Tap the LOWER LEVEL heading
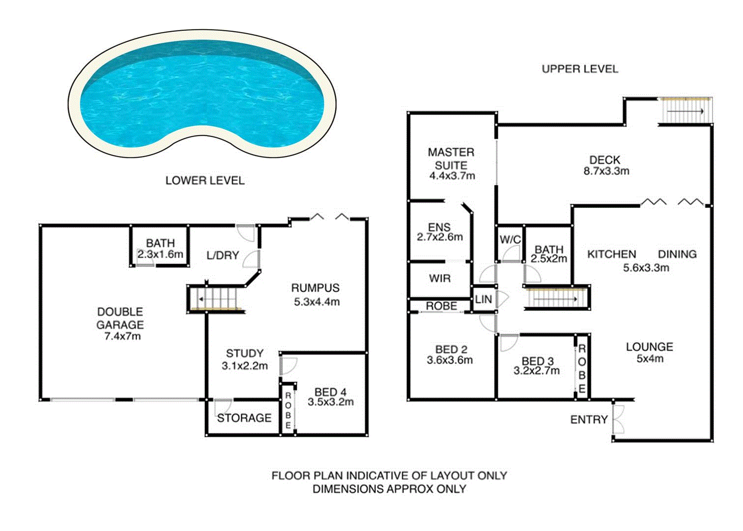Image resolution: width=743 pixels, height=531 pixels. (x=205, y=180)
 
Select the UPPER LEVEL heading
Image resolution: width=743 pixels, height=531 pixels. (x=580, y=69)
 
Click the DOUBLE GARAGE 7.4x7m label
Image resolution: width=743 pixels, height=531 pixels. (x=120, y=324)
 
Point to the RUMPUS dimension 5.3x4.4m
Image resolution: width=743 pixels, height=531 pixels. (x=316, y=302)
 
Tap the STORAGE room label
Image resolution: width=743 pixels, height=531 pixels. (x=244, y=418)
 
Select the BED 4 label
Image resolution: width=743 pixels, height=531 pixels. (x=330, y=392)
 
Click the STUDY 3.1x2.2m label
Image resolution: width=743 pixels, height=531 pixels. (x=245, y=359)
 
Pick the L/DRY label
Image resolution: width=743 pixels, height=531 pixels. (x=223, y=255)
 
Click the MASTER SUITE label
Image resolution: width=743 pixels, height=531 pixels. (x=451, y=159)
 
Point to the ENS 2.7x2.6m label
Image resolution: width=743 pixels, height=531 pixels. (x=439, y=232)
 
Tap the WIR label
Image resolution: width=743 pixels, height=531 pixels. (x=439, y=278)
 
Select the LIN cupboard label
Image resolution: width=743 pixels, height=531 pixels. (x=484, y=299)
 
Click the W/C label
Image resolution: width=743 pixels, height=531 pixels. (x=510, y=239)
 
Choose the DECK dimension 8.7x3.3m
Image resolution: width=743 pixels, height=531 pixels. (x=606, y=171)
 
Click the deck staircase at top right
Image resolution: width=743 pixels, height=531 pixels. (x=685, y=111)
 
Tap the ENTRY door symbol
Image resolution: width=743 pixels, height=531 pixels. (x=618, y=419)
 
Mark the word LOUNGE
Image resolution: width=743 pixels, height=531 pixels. (x=649, y=347)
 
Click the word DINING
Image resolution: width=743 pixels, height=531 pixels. (x=677, y=254)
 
